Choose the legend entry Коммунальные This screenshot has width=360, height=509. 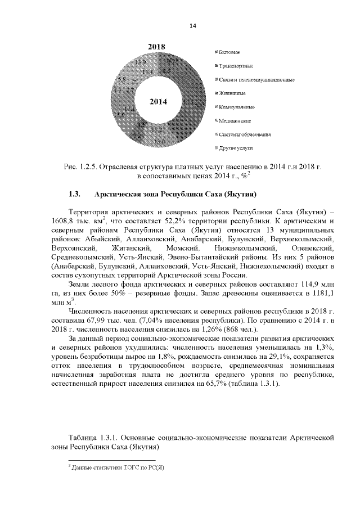coord(237,107)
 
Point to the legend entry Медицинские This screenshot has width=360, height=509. coord(235,120)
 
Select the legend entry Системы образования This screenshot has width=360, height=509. coord(245,134)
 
